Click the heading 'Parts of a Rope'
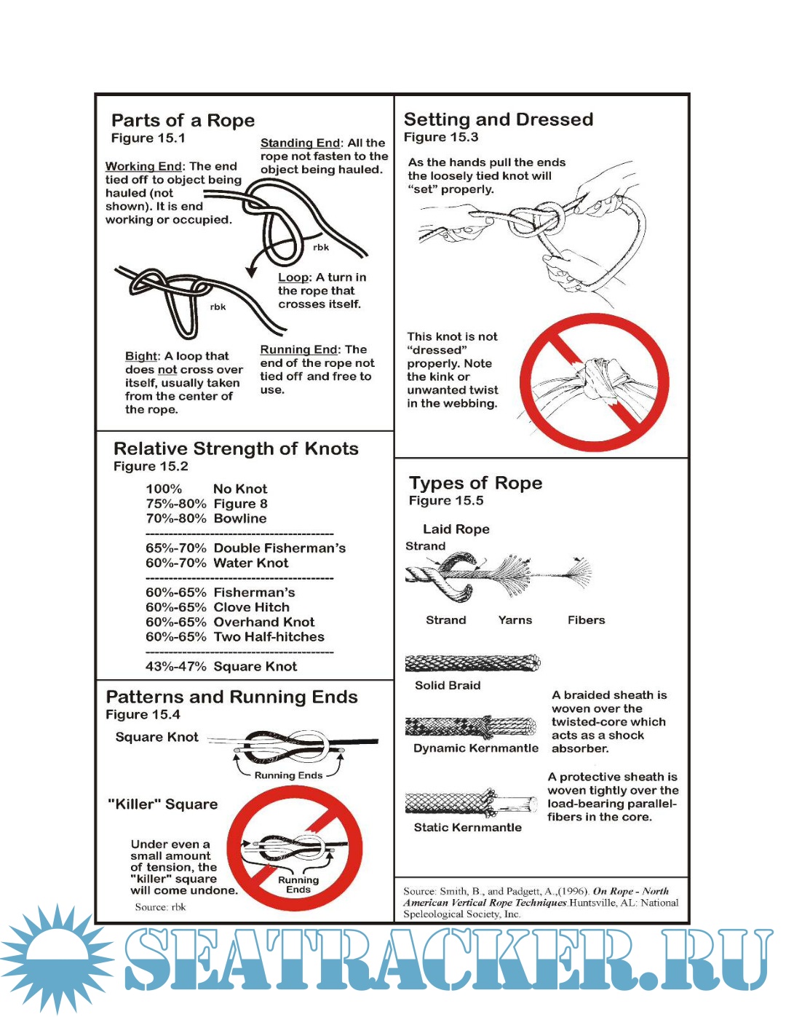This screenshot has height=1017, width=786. click(183, 120)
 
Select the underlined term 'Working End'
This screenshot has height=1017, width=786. click(143, 167)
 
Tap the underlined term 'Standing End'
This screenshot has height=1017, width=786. click(300, 143)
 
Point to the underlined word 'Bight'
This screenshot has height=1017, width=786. click(141, 356)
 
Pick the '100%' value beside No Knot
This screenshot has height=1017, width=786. click(164, 489)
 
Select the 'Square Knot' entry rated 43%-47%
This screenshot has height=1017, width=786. click(255, 666)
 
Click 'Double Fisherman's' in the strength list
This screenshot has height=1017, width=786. click(279, 548)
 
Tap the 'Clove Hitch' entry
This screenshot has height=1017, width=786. click(251, 607)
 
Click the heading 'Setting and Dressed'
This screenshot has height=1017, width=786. click(499, 119)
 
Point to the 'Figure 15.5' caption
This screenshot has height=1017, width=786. click(446, 501)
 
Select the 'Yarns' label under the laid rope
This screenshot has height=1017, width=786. click(515, 620)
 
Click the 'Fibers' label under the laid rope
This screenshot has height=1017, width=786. click(586, 620)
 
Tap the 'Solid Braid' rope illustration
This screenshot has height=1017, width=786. click(472, 662)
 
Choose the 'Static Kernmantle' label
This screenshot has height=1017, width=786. click(467, 828)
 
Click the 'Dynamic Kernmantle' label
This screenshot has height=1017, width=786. click(476, 748)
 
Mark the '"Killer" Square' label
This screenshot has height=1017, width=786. click(162, 804)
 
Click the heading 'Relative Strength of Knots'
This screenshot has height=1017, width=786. click(236, 448)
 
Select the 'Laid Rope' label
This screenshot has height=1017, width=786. click(456, 529)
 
